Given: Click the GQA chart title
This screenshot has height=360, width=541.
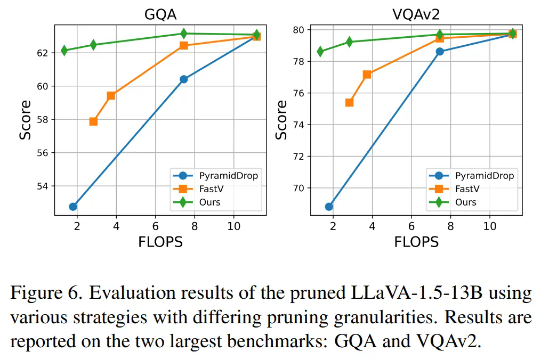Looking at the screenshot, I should tap(160, 14).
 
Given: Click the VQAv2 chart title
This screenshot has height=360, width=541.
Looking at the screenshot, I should tap(416, 14).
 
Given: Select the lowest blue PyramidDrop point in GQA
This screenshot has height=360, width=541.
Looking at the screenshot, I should tap(73, 206).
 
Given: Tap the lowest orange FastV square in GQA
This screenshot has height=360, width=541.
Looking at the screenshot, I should tap(93, 121).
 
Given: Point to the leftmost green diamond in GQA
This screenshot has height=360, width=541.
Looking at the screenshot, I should tap(64, 51).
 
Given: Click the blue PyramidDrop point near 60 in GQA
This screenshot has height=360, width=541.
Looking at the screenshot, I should tap(183, 79).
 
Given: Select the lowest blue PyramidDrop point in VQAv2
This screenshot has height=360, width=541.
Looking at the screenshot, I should tap(329, 206).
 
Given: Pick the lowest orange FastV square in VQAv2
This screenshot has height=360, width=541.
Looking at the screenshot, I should tap(349, 102).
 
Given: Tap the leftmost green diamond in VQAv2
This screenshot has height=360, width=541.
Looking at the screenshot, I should tap(320, 52).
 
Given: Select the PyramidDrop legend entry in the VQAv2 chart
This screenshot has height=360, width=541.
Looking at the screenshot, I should tap(484, 176).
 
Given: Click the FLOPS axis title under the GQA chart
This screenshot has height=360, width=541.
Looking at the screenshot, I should tap(160, 242).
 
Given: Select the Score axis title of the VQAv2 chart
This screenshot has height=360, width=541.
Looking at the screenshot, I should tap(281, 119).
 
